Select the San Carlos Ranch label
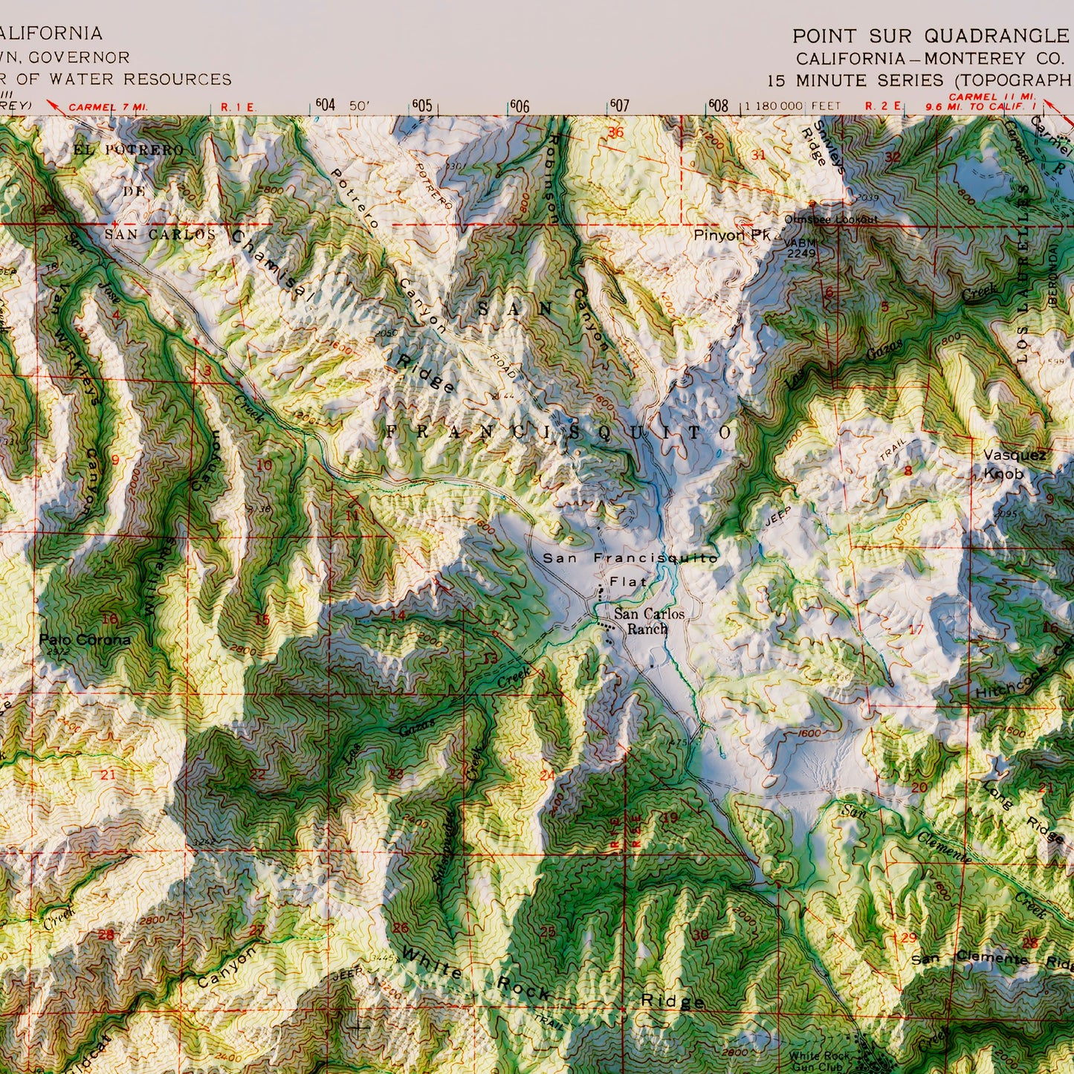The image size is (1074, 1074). pyautogui.click(x=648, y=621)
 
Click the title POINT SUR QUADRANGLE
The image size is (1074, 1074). pyautogui.click(x=929, y=36)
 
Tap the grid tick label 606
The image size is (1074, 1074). pyautogui.click(x=520, y=106)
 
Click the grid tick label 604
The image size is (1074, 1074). pyautogui.click(x=326, y=105)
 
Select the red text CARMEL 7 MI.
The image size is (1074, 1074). pyautogui.click(x=109, y=107)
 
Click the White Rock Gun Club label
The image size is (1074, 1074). pyautogui.click(x=818, y=1061)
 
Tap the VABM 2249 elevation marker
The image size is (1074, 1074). pyautogui.click(x=800, y=248)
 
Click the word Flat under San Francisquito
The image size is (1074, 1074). pyautogui.click(x=628, y=581)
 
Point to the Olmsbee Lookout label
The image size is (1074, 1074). pyautogui.click(x=830, y=219)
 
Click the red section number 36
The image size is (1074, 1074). pyautogui.click(x=615, y=133)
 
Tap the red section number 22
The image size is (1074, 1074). pyautogui.click(x=257, y=774)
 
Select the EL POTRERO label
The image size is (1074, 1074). pyautogui.click(x=128, y=150)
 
